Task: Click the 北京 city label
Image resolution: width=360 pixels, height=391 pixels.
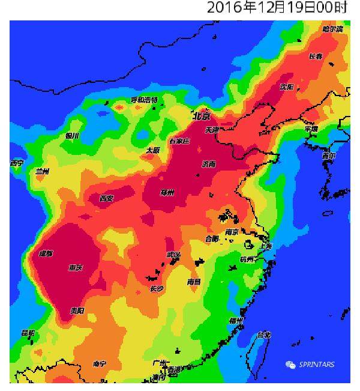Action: (x=202, y=115)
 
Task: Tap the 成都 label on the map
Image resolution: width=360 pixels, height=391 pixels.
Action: (x=46, y=253)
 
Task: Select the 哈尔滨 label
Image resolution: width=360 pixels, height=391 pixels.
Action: (x=332, y=29)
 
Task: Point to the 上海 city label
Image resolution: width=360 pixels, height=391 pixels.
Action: (x=264, y=246)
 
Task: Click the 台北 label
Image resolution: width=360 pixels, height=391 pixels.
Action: (x=264, y=335)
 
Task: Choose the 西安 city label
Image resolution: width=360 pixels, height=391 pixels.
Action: (x=107, y=198)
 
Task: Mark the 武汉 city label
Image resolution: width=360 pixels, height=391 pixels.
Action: (x=173, y=255)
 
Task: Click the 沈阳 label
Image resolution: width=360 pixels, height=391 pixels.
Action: (x=287, y=87)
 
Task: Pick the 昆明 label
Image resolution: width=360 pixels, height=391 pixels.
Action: (x=28, y=333)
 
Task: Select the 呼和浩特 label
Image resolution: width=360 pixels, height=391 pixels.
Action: (x=144, y=100)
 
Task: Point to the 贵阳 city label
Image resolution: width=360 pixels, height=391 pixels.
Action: (x=77, y=311)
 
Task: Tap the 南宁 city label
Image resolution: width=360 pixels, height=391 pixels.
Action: (x=100, y=364)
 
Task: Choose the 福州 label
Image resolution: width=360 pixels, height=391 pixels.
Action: (x=236, y=321)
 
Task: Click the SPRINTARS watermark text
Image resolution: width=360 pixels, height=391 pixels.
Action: (x=317, y=365)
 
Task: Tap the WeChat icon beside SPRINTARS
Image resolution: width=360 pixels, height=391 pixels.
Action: (x=291, y=365)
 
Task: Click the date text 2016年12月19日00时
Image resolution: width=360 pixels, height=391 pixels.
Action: (x=277, y=8)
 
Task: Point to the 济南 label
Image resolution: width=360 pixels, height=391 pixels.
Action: (x=209, y=164)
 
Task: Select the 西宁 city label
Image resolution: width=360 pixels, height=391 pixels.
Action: (x=16, y=163)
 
